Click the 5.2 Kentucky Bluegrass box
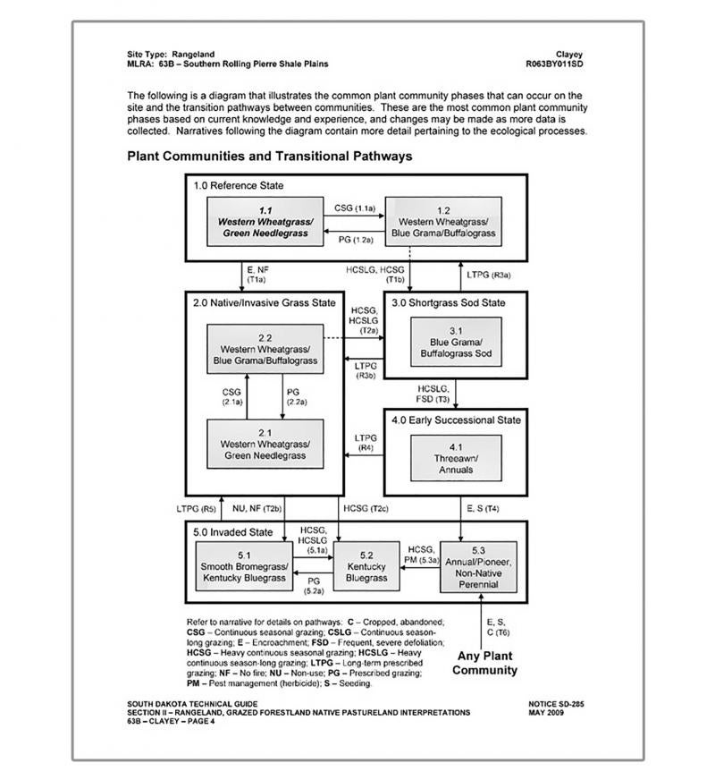coord(366,566)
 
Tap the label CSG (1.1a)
coord(355,208)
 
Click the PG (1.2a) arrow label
coord(355,240)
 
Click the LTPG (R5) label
coord(196,508)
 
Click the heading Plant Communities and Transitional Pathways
coord(269,156)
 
